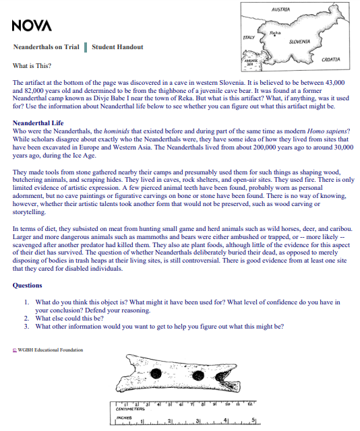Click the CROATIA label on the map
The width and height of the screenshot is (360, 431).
(x=331, y=59)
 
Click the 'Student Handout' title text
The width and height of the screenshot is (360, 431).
(x=116, y=47)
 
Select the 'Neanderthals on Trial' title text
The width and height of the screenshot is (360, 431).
(x=46, y=47)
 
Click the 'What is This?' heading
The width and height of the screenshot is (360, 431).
(x=30, y=66)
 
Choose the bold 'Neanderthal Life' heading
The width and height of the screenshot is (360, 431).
(x=40, y=123)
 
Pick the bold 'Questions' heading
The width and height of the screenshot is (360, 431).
(x=28, y=285)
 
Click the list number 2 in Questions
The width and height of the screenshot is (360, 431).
(x=26, y=318)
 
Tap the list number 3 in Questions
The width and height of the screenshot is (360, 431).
(x=26, y=326)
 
